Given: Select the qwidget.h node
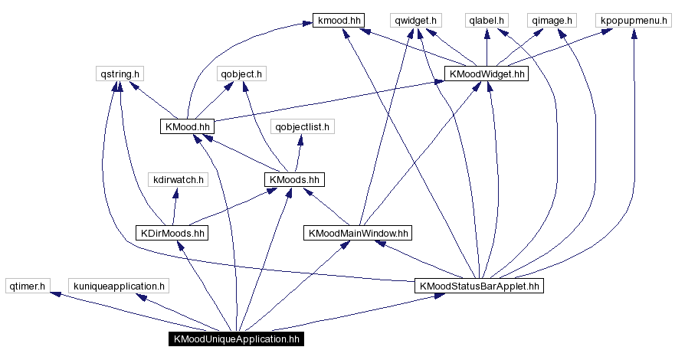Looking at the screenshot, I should coord(414,21).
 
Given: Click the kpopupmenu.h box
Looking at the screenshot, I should coord(634,21).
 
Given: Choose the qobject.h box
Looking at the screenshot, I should coord(241,74).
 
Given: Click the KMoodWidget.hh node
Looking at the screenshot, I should coord(487,74).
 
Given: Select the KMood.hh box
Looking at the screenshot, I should coord(187,126).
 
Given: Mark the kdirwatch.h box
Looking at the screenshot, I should coord(178,180).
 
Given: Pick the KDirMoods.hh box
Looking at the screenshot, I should coord(172,232).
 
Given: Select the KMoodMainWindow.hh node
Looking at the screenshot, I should coord(358,232).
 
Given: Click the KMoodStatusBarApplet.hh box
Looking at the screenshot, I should coord(479,286).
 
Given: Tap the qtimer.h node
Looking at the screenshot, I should coord(27,286).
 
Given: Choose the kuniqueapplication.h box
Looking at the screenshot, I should coord(119,286).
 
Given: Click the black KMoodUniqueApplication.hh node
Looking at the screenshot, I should coord(236,339).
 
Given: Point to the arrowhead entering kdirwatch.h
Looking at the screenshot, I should coord(177,191).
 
